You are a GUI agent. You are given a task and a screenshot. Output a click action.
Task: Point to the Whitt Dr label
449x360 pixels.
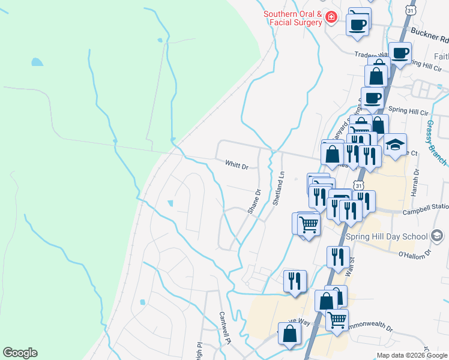[237, 164]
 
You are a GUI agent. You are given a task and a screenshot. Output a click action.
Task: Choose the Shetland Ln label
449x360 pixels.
[278, 189]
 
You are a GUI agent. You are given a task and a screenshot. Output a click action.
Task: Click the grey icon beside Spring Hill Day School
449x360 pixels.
[437, 236]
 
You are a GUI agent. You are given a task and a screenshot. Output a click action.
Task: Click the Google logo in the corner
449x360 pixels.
[20, 353]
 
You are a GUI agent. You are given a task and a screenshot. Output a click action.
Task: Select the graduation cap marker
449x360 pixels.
[396, 145]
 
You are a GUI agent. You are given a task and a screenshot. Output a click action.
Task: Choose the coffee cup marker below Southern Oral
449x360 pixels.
[358, 25]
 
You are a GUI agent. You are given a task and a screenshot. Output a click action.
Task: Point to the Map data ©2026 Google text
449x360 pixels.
[411, 355]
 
